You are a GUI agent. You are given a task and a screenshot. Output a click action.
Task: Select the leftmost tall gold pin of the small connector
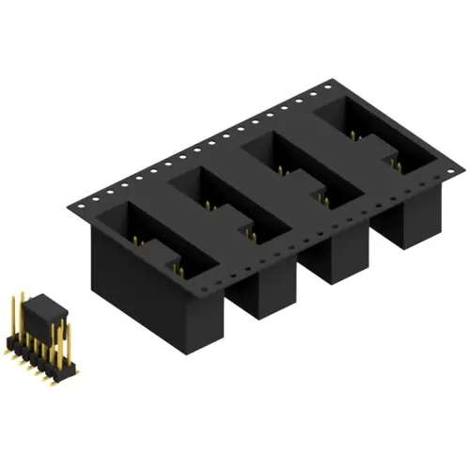pyautogui.click(x=13, y=320)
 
